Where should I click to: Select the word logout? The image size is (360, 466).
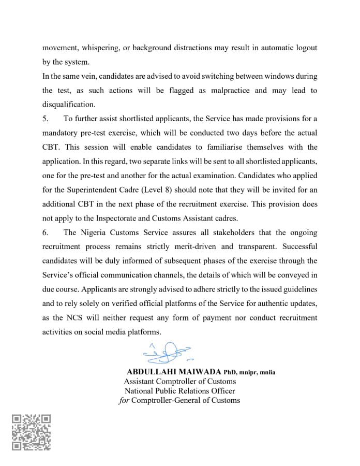pos(305,48)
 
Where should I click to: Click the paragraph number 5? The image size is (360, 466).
pos(45,119)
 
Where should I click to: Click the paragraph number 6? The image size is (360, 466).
pos(45,232)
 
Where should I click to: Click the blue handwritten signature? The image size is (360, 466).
pos(166,353)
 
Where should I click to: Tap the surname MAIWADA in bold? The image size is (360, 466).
pos(197,372)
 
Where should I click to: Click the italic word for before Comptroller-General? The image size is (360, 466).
pos(124,400)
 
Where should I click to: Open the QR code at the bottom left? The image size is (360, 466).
pos(32,432)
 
